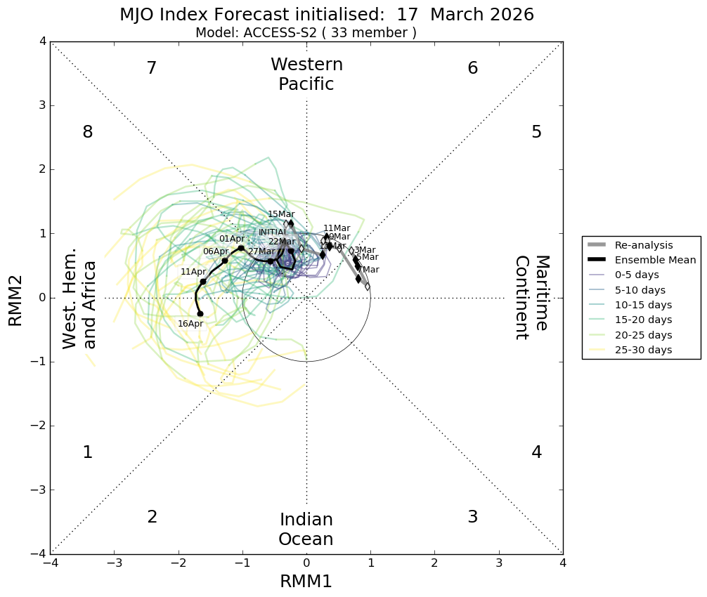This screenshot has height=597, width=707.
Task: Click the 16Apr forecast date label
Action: point(190,324)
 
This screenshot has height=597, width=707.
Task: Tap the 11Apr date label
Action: point(193,272)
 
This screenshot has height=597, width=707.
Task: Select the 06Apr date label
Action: point(216,251)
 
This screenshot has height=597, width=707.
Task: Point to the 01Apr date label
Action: point(231,239)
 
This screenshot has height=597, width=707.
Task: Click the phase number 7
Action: point(151,68)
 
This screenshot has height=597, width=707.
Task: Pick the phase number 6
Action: point(473,68)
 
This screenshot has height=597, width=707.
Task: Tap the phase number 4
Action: point(537,452)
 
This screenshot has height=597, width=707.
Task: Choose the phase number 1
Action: point(88,452)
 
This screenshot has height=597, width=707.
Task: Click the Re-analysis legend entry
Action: point(644,245)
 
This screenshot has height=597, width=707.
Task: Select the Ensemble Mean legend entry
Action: point(655,260)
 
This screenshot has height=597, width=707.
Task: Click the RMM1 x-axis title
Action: point(306,582)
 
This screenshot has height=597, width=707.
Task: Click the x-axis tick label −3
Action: point(115,563)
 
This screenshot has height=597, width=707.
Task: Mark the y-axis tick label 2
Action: point(43,169)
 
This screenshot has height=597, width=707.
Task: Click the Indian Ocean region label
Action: point(306,530)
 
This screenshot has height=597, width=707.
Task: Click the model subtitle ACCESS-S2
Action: point(306,33)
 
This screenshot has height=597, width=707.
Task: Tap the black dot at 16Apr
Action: point(200,314)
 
